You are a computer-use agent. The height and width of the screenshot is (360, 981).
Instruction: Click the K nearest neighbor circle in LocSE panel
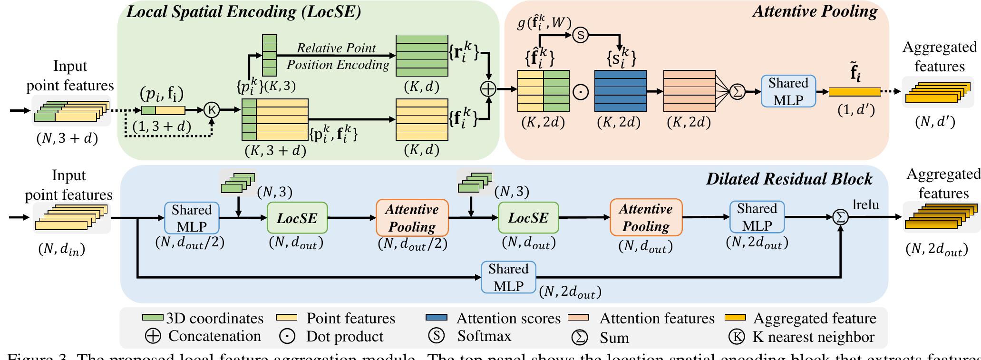coord(212,110)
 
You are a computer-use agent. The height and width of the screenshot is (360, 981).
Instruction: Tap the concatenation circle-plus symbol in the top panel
coord(488,89)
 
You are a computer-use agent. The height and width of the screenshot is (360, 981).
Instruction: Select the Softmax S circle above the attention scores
coord(580,35)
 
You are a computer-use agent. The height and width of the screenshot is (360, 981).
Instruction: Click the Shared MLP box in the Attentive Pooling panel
coord(788,91)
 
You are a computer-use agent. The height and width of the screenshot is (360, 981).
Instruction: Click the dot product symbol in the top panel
coord(581,92)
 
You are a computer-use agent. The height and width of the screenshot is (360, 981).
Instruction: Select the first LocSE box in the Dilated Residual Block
coord(297,218)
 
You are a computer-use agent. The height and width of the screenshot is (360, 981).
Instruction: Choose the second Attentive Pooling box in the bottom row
coord(646,217)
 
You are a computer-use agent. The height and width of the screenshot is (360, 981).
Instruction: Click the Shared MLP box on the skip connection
coord(508,277)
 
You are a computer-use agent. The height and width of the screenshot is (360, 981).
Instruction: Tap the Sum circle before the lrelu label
coord(840,217)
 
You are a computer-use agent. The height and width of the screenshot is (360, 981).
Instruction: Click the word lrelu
coord(865,205)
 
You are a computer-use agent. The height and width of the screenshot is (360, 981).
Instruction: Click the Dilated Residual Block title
coord(789,179)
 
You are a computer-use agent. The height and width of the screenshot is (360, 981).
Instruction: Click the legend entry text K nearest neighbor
coord(813,337)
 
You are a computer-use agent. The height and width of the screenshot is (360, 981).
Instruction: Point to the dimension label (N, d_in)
coord(61,250)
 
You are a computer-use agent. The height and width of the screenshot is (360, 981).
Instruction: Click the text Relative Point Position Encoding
coord(337,56)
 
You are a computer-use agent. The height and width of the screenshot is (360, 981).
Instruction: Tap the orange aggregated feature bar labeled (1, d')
coord(855,92)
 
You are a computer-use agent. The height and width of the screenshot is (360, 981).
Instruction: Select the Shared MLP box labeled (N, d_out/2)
coord(192,218)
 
